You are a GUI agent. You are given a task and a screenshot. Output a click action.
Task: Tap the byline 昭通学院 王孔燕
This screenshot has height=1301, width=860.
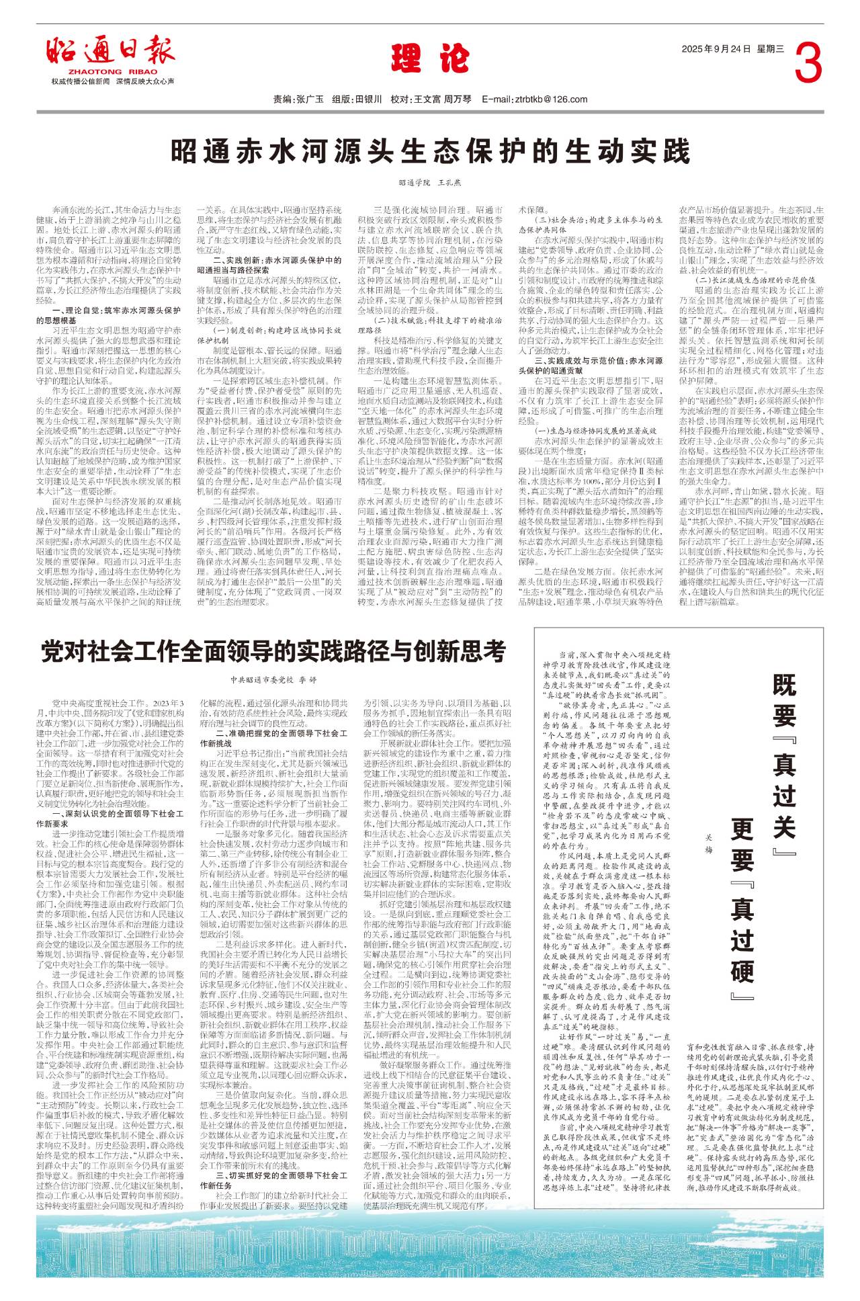(x=430, y=182)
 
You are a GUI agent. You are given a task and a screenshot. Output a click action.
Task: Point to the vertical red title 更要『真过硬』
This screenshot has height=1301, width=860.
(x=742, y=914)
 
